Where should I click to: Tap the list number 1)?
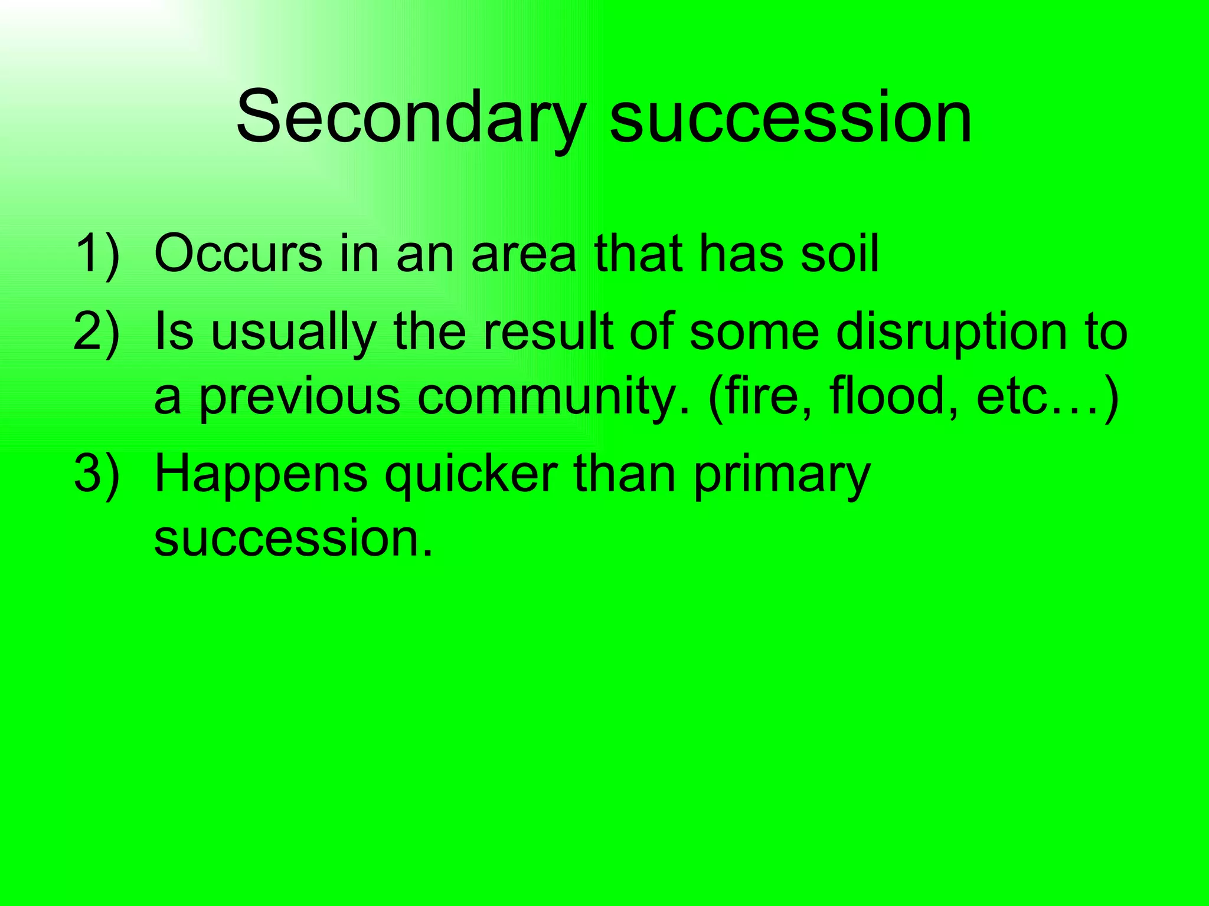pyautogui.click(x=97, y=254)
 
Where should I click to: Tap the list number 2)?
pyautogui.click(x=97, y=331)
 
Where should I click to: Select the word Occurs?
pyautogui.click(x=238, y=254)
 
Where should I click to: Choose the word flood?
pyautogui.click(x=894, y=396)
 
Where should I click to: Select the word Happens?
pyautogui.click(x=260, y=475)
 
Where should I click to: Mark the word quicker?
pyautogui.click(x=470, y=475)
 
